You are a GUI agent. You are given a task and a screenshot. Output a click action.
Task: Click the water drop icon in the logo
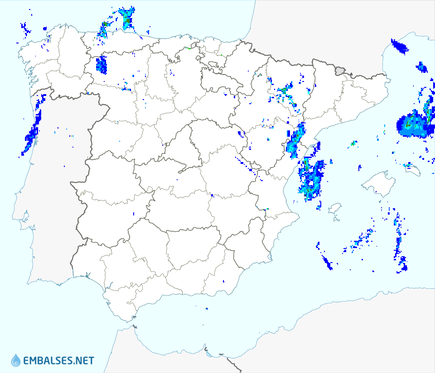pos(16,360)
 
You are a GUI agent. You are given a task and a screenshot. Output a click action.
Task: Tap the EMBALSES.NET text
pos(58,361)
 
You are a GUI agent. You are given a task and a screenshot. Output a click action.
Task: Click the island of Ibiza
pos(334,209)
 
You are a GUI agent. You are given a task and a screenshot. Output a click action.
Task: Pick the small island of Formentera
pos(336,220)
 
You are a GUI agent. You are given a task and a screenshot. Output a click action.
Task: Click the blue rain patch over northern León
pos(101,65)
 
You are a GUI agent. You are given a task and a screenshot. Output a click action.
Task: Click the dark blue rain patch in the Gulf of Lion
pos(399,46)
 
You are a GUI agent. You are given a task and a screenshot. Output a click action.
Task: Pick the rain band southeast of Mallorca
pos(399,244)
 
